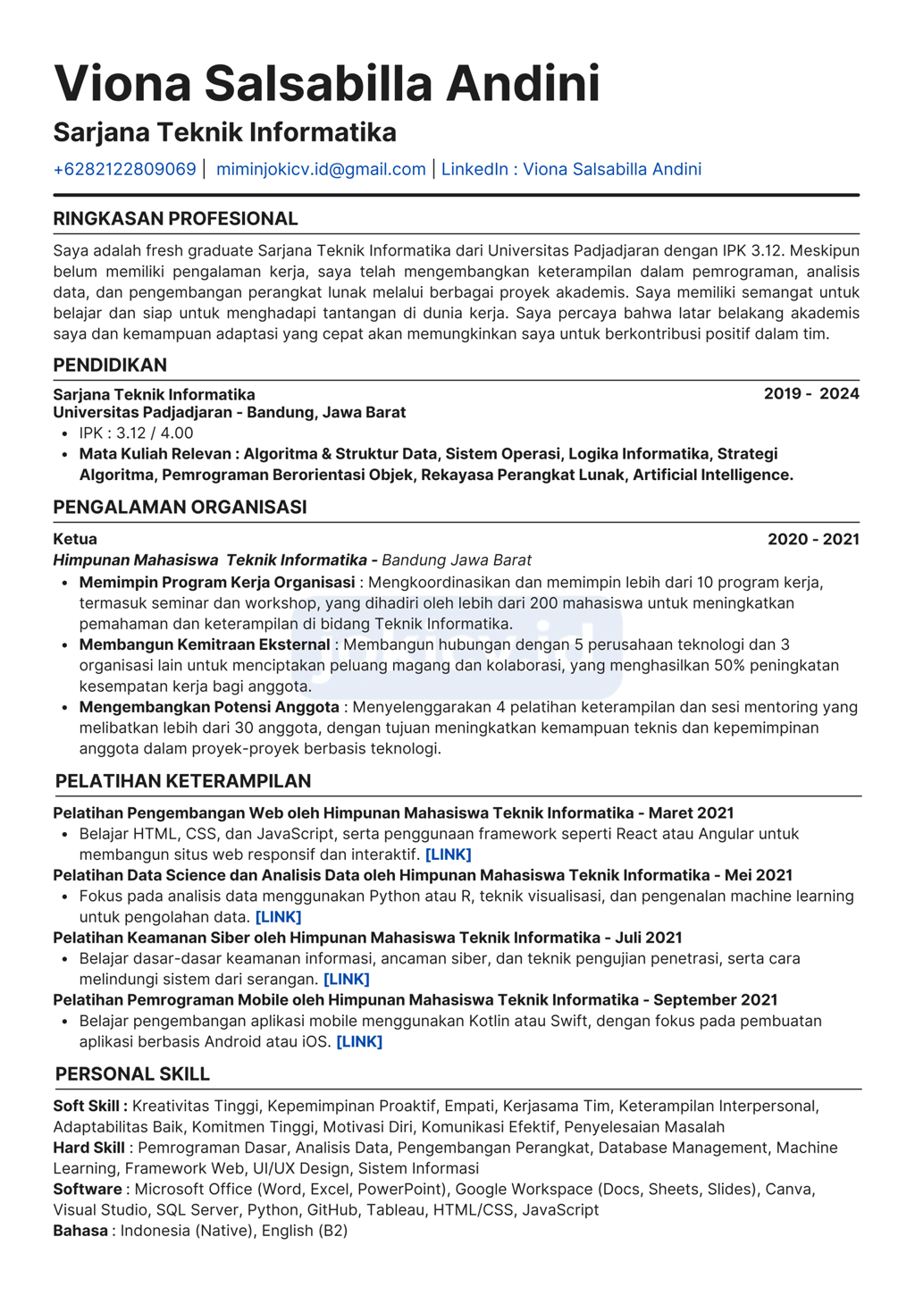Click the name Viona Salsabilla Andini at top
point(326,84)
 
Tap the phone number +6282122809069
point(125,169)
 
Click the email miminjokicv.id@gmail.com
point(321,169)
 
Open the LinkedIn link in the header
point(571,169)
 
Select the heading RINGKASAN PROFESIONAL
point(175,219)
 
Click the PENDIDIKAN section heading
point(110,365)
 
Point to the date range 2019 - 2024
point(811,394)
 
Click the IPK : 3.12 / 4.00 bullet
point(136,433)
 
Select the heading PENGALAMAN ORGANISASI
point(180,507)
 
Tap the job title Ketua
point(75,539)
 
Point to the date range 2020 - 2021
point(813,539)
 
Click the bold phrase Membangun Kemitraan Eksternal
point(205,644)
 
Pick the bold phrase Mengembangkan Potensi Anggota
point(209,707)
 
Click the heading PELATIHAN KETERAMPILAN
point(183,781)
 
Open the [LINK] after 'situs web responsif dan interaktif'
point(449,854)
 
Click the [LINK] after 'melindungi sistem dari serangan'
point(347,980)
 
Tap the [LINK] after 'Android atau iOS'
point(359,1042)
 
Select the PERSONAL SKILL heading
point(132,1074)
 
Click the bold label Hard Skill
point(89,1148)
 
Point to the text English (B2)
point(305,1231)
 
